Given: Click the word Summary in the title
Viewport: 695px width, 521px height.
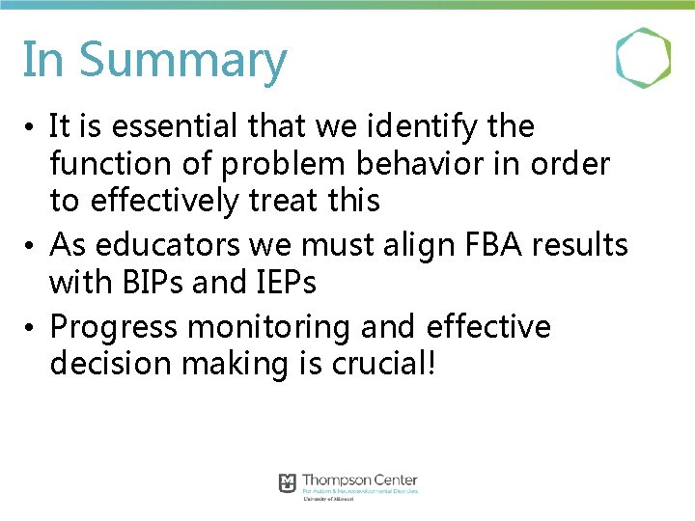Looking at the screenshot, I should point(182,60).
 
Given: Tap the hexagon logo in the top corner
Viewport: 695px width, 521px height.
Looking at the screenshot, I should point(644,58).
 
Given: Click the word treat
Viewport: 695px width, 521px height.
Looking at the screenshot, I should point(288,201).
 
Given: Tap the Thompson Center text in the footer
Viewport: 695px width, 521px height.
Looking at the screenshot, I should point(360,480).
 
